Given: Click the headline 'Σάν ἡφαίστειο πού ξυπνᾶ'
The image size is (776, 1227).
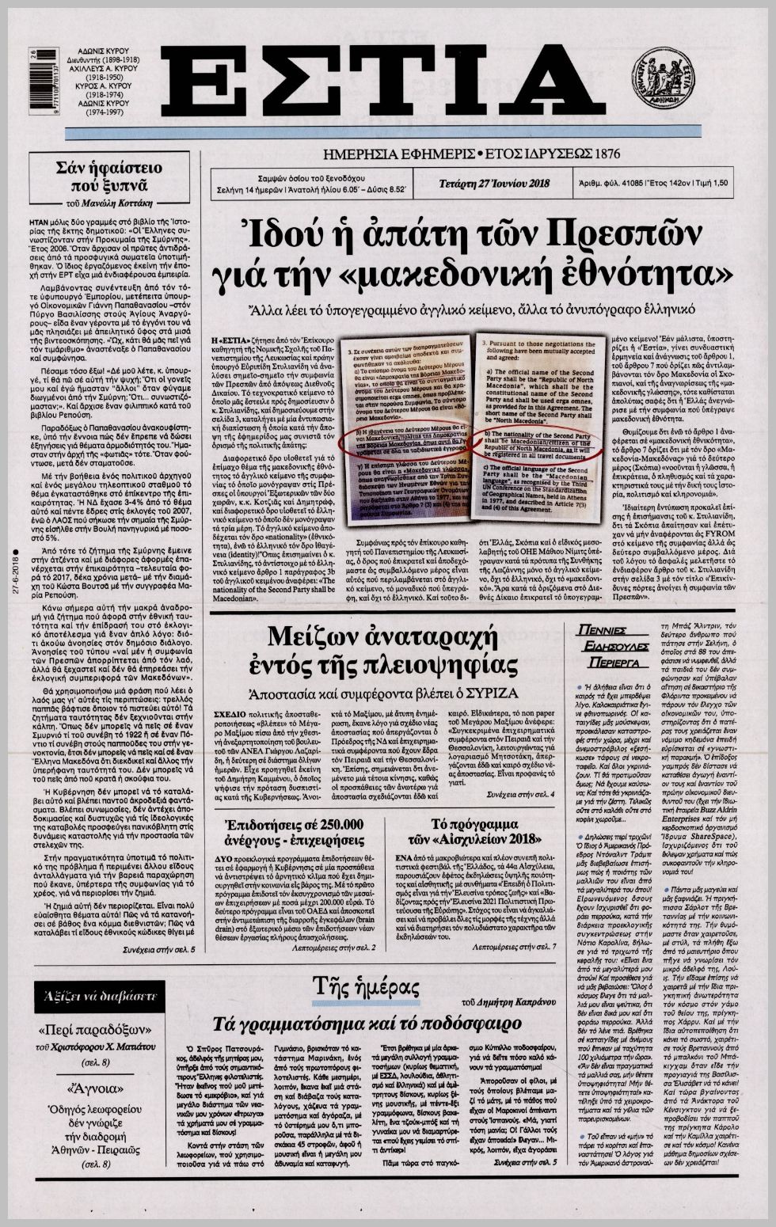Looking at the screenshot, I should (x=98, y=177).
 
